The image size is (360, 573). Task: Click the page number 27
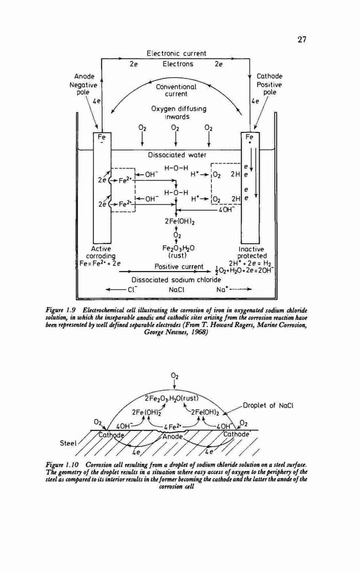click(302, 40)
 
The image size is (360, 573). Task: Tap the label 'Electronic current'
click(177, 53)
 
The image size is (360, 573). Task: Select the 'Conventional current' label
click(176, 91)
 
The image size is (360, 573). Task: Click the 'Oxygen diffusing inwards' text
click(179, 112)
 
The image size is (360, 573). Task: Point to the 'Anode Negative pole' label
click(84, 84)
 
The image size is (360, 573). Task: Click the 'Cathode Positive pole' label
click(269, 84)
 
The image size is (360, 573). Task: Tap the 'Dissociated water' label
click(177, 155)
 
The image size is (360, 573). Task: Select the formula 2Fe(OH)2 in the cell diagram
click(178, 221)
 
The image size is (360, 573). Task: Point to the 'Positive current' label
click(179, 266)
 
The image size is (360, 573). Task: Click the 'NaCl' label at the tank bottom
click(177, 289)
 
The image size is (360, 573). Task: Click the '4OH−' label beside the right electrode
click(226, 209)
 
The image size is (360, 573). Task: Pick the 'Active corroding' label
click(100, 252)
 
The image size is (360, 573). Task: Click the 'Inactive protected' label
click(252, 252)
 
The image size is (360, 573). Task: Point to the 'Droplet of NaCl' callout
click(268, 405)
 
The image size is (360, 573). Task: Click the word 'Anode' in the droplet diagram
click(173, 437)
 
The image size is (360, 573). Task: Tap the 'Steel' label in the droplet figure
click(68, 444)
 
